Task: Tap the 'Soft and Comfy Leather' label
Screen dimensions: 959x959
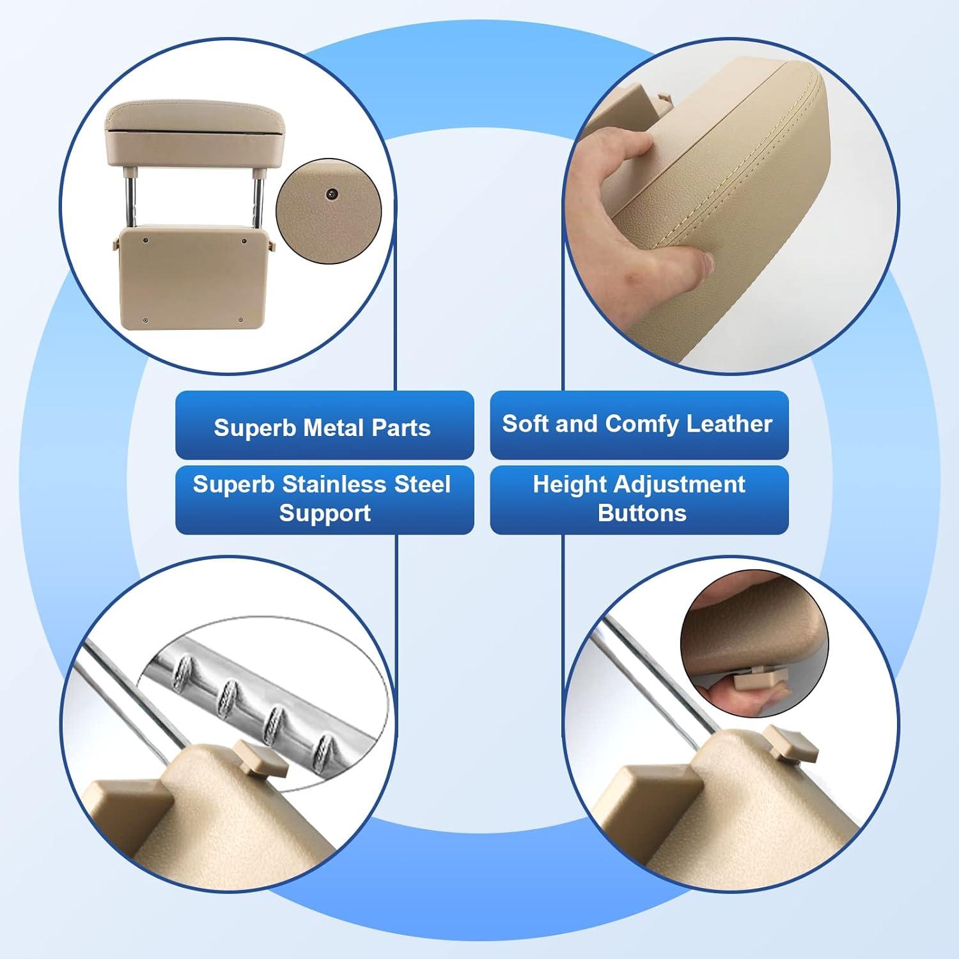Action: click(x=637, y=424)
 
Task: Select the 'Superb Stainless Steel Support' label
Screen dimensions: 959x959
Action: click(x=322, y=499)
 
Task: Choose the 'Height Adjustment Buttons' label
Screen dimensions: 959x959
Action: click(x=639, y=499)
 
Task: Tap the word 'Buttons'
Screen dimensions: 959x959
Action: click(x=642, y=513)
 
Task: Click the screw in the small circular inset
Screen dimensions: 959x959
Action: click(x=332, y=194)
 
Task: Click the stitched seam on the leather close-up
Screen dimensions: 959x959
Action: click(x=716, y=166)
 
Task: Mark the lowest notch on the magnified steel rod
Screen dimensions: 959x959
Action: click(x=324, y=747)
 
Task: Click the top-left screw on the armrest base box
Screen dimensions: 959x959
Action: click(x=146, y=240)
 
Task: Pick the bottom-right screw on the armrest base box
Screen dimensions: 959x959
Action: click(x=240, y=320)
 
